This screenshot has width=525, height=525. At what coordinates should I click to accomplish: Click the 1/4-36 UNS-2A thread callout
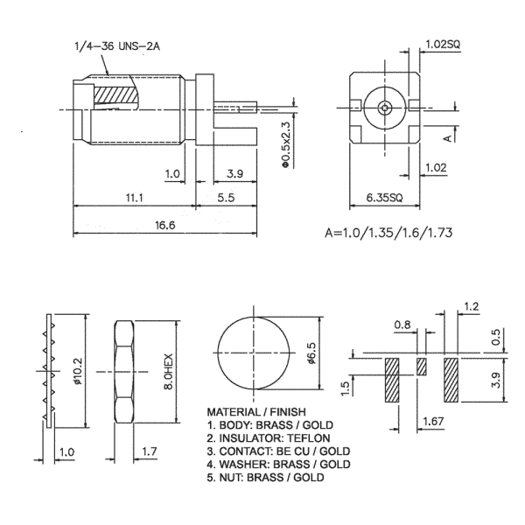pos(117,45)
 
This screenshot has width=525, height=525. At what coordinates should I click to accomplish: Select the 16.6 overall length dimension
pos(164,226)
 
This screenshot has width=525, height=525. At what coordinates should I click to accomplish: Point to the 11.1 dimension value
pos(135,198)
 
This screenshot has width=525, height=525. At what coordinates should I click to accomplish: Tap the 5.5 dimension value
pos(226,198)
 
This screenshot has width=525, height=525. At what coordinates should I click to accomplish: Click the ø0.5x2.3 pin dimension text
pos(285,144)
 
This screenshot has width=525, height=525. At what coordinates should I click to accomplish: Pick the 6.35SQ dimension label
pos(384,198)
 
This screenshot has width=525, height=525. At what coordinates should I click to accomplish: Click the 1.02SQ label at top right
pos(443,45)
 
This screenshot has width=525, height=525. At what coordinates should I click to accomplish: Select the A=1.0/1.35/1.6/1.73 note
pos(388,233)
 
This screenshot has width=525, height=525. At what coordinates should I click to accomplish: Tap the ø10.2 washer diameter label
pos(78,371)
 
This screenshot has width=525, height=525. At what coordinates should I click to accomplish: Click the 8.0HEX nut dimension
pos(168,371)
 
